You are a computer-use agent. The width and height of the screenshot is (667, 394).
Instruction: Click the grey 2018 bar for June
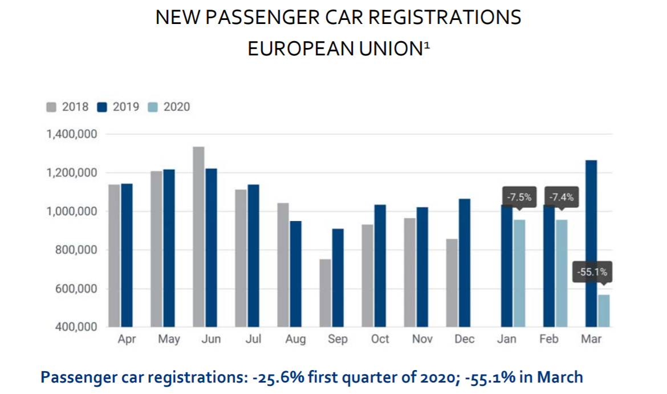(x=198, y=236)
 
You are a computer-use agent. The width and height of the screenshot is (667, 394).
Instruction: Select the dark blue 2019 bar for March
(x=591, y=243)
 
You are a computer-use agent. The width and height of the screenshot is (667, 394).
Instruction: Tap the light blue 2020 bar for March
(x=604, y=311)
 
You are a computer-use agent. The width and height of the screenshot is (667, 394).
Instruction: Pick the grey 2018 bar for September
(x=325, y=293)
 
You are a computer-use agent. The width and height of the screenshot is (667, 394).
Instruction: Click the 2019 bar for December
(x=464, y=263)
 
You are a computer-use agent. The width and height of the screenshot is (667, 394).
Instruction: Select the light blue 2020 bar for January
(x=519, y=273)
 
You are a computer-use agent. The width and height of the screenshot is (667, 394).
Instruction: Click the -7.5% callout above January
(x=519, y=198)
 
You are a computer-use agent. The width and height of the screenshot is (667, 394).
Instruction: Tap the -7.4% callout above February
(x=561, y=198)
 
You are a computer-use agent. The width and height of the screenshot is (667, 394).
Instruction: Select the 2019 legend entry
(x=119, y=107)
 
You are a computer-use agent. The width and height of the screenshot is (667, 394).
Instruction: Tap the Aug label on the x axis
(x=295, y=339)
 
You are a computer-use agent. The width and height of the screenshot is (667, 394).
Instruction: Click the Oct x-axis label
(x=380, y=339)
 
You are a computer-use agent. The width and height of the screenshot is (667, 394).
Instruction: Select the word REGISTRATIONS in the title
(x=444, y=18)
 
